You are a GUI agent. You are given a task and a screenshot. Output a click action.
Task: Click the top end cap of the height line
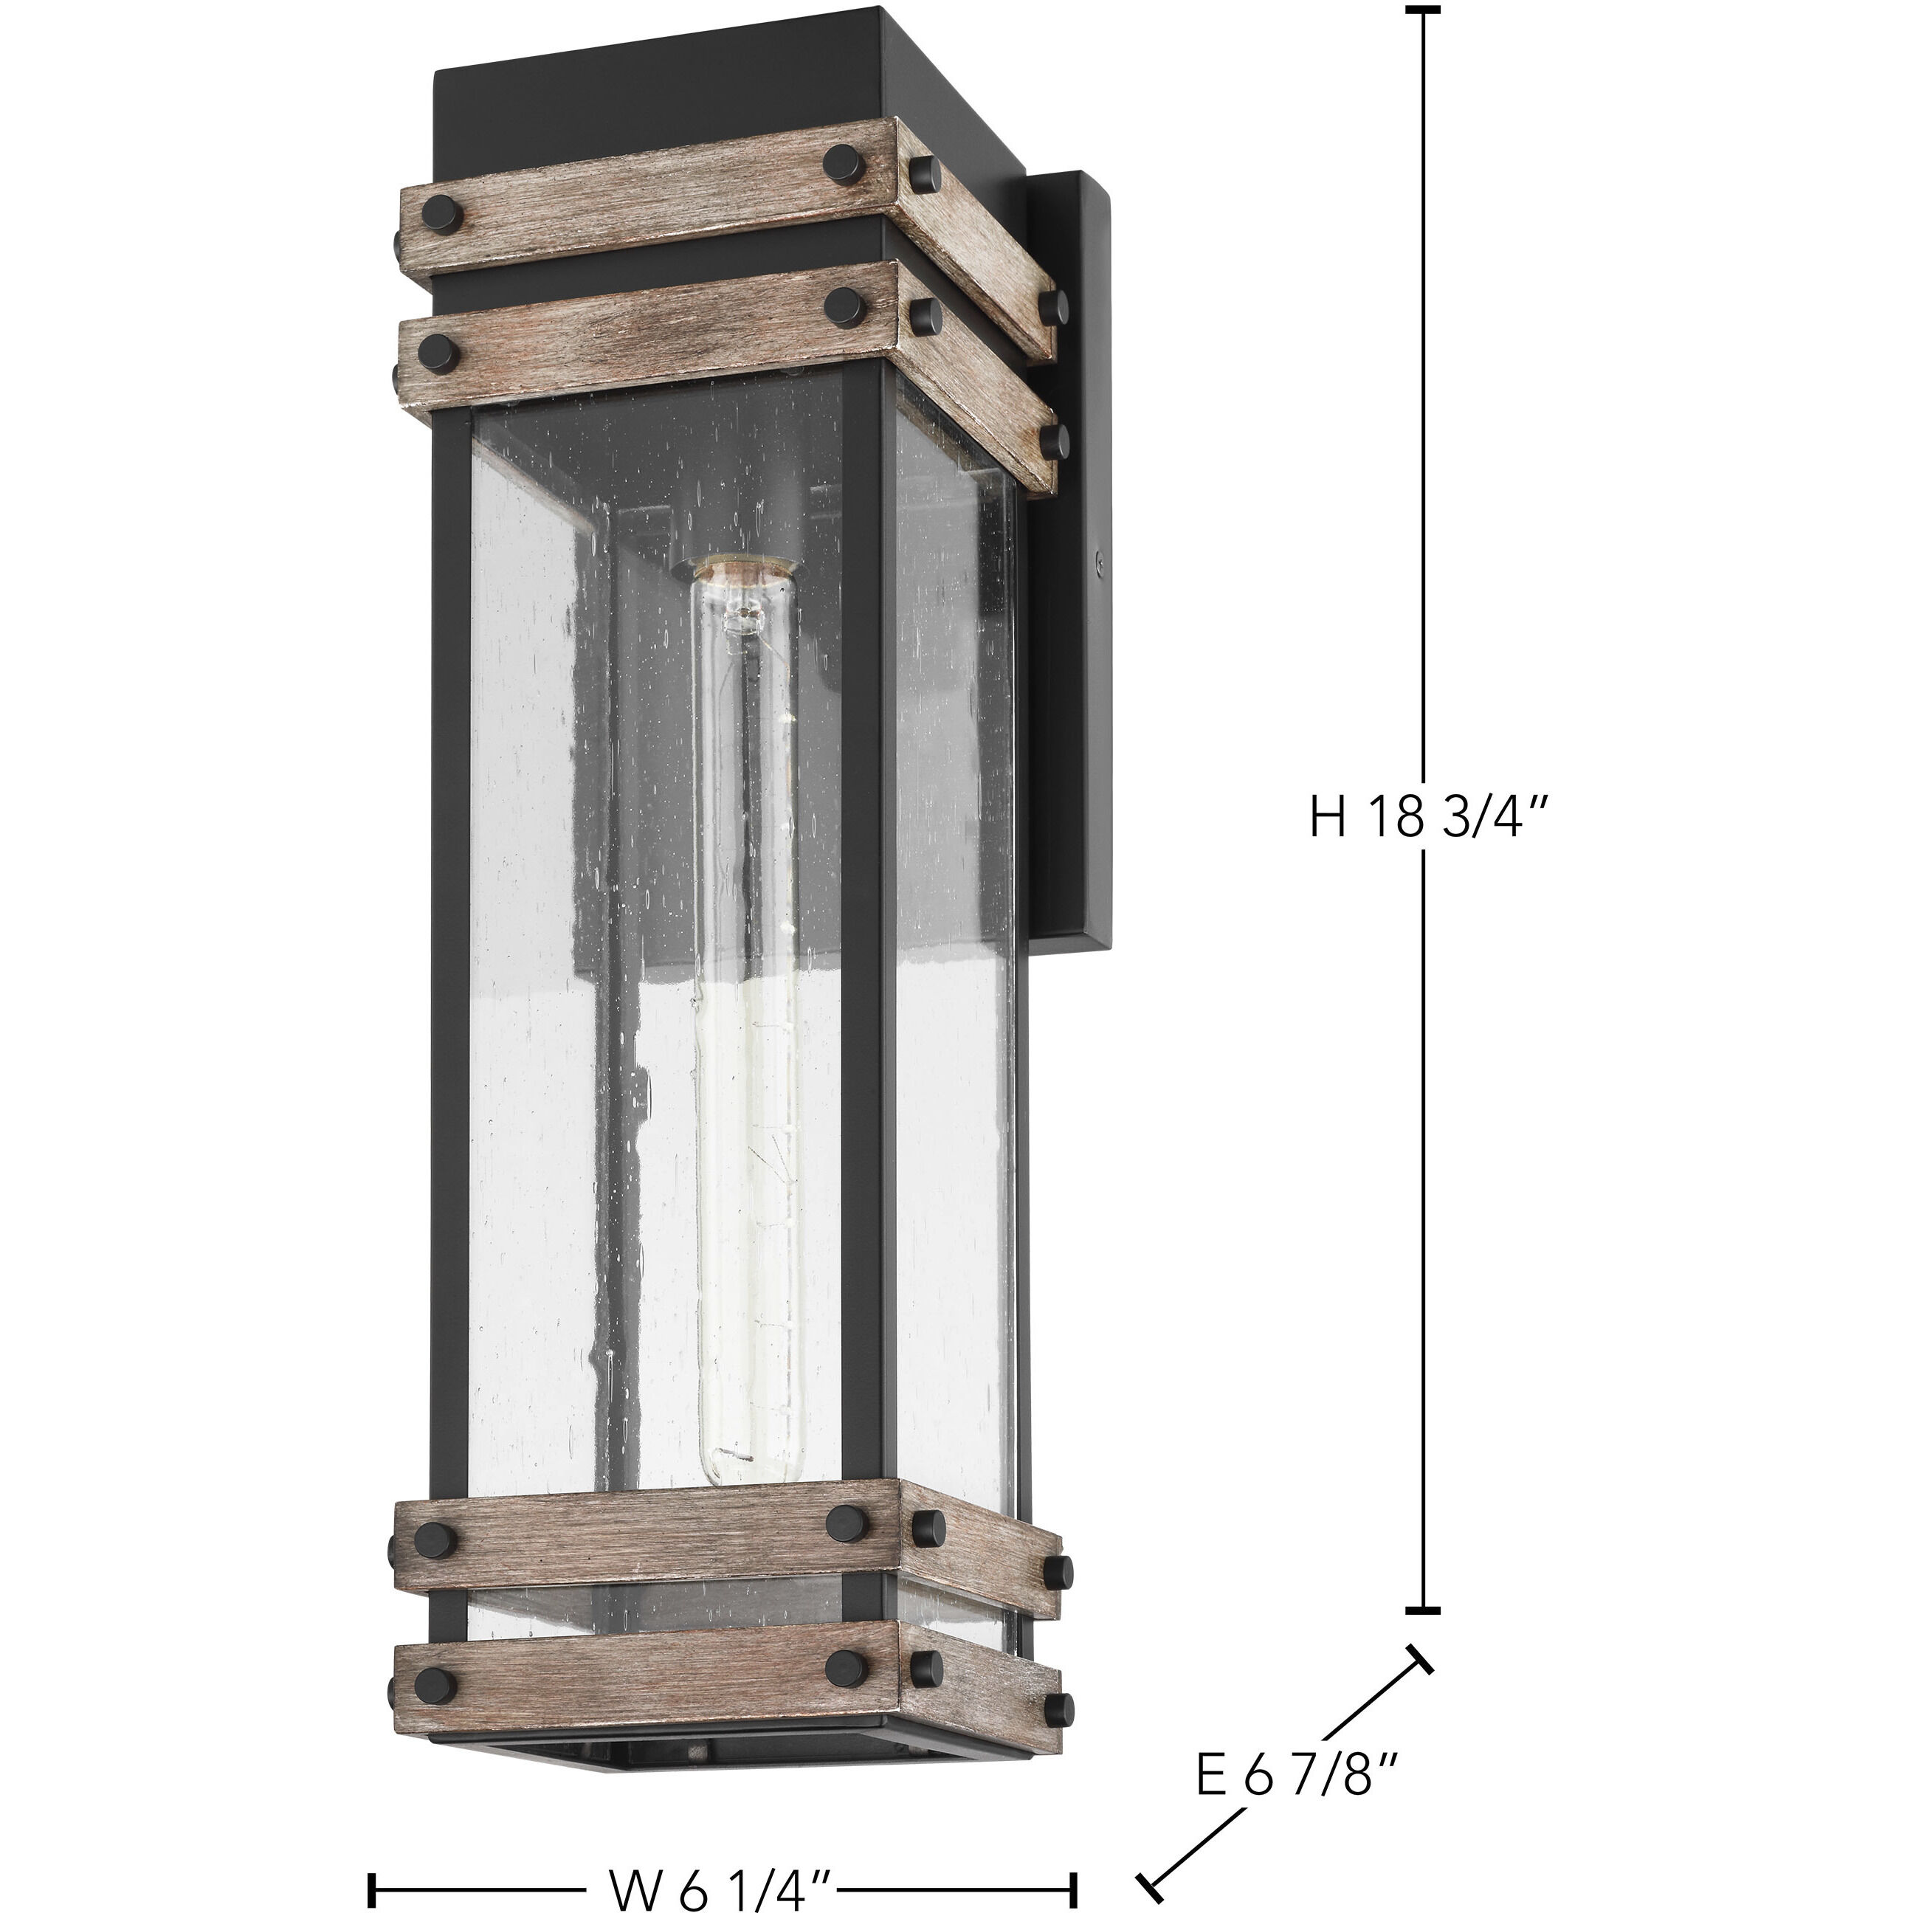point(1424,11)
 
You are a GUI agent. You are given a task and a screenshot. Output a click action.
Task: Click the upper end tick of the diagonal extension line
point(1419,1661)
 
